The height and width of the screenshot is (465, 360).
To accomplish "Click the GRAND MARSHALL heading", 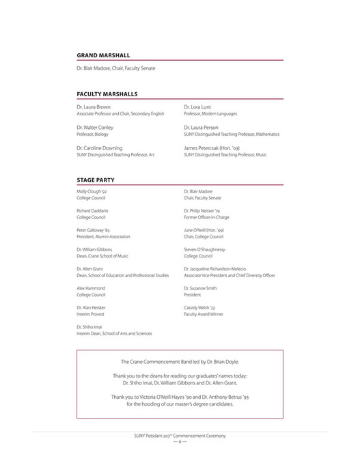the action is [103, 55].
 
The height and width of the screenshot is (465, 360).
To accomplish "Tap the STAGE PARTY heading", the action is [97, 179].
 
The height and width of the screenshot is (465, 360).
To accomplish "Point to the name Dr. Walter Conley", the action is [94, 127].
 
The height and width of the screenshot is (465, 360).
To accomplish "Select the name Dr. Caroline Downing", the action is [99, 147].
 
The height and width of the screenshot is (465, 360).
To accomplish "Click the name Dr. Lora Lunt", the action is [197, 107].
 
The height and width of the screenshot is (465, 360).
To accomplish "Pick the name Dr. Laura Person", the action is [201, 127].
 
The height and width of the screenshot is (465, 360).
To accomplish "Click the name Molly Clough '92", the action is [92, 191].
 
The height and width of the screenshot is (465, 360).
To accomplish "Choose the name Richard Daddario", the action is [92, 210].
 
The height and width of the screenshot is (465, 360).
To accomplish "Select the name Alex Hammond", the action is [91, 289].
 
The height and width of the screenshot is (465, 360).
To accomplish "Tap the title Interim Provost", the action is [91, 313].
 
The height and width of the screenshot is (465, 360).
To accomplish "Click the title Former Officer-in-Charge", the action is [206, 216].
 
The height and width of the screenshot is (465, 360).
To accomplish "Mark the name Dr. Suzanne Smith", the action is [202, 289].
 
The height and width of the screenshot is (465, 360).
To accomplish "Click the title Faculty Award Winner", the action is [204, 313].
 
